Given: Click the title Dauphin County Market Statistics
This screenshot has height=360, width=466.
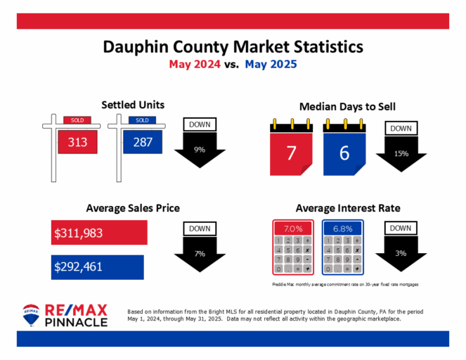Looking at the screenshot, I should click(x=233, y=46).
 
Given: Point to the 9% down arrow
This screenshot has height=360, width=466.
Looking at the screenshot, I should click(x=200, y=150).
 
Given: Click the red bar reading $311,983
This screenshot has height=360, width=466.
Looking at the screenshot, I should click(x=99, y=232).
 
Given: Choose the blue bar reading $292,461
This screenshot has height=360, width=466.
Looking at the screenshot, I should click(x=98, y=266).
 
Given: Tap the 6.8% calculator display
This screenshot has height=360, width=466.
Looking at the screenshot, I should click(x=342, y=229).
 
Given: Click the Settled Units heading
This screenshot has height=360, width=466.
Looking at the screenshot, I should click(x=133, y=105).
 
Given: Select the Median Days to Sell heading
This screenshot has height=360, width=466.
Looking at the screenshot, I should click(x=347, y=107).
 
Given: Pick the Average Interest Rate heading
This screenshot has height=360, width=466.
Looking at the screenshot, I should click(x=348, y=208).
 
